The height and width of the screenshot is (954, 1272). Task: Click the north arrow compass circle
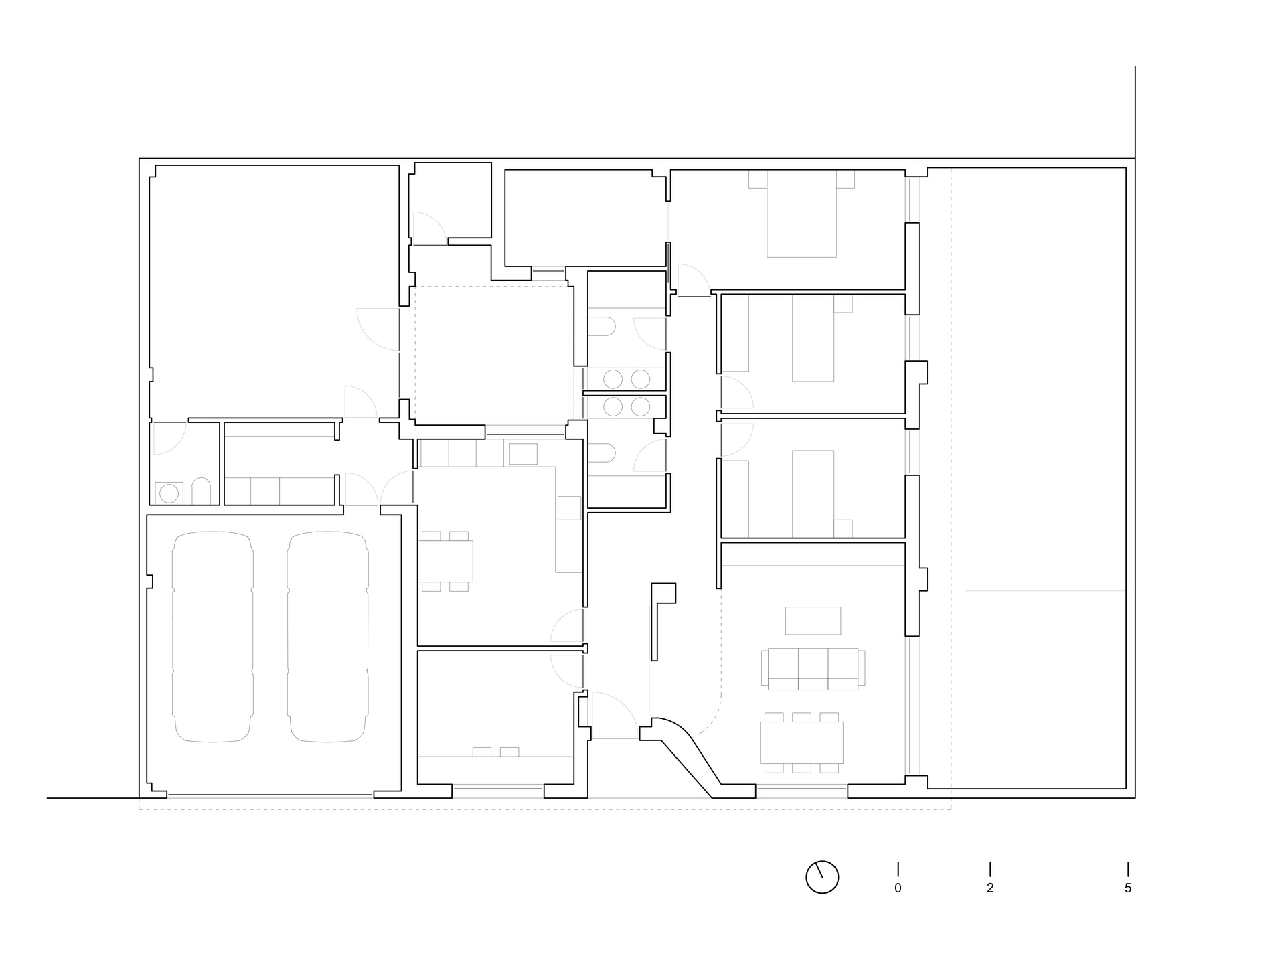822,877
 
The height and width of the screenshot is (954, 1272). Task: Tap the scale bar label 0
898,888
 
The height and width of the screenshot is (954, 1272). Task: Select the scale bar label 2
990,888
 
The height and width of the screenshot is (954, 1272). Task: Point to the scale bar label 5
1128,888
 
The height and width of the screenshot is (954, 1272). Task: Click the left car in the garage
213,637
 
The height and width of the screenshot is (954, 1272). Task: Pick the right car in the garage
328,637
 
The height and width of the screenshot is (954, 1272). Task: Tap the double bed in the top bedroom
801,214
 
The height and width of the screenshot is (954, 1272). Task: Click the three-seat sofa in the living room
813,669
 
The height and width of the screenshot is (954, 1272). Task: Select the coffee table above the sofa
813,621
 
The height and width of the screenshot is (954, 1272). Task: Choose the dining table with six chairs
801,742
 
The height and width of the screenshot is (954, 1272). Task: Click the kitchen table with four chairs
445,561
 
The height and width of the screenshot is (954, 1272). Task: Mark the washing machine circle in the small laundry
169,493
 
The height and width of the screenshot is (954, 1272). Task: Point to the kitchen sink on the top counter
523,454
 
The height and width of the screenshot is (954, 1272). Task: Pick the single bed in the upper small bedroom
813,338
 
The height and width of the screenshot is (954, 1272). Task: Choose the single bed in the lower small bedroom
813,494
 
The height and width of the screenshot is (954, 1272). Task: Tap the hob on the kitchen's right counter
569,507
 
